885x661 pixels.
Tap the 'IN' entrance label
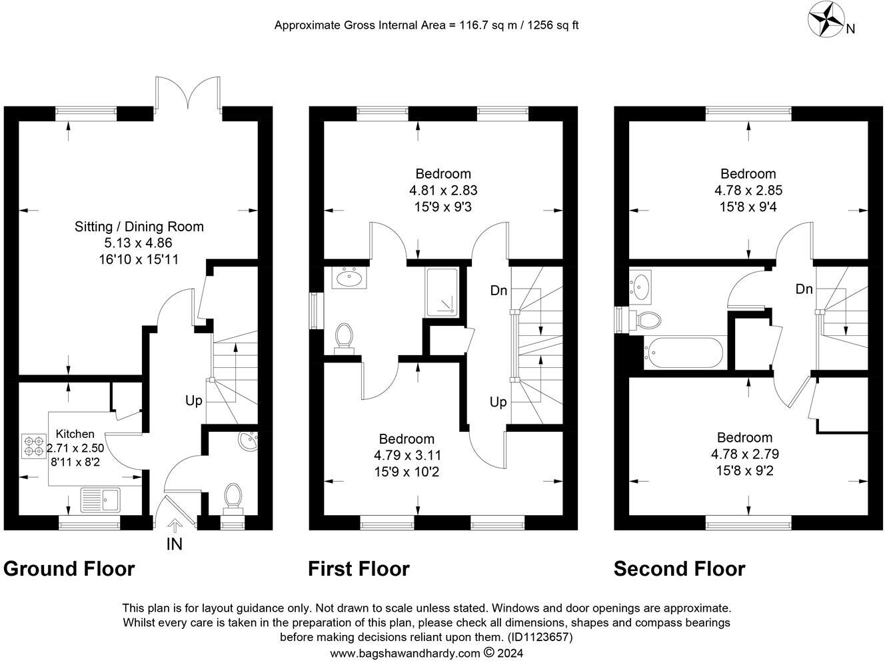pos(174,544)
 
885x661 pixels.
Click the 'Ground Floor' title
pos(69,569)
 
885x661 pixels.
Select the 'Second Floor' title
pos(679,569)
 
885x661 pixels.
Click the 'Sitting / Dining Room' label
pos(139,227)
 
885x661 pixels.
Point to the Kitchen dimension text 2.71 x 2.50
pos(75,448)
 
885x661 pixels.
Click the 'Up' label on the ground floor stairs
pos(194,400)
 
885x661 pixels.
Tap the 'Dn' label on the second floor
pos(804,289)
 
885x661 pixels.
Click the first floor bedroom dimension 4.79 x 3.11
pos(407,456)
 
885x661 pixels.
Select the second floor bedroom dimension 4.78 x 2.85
pos(747,191)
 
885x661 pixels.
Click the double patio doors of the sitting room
pos(189,93)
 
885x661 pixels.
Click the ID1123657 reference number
pos(539,637)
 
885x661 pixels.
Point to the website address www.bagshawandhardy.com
pos(405,653)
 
